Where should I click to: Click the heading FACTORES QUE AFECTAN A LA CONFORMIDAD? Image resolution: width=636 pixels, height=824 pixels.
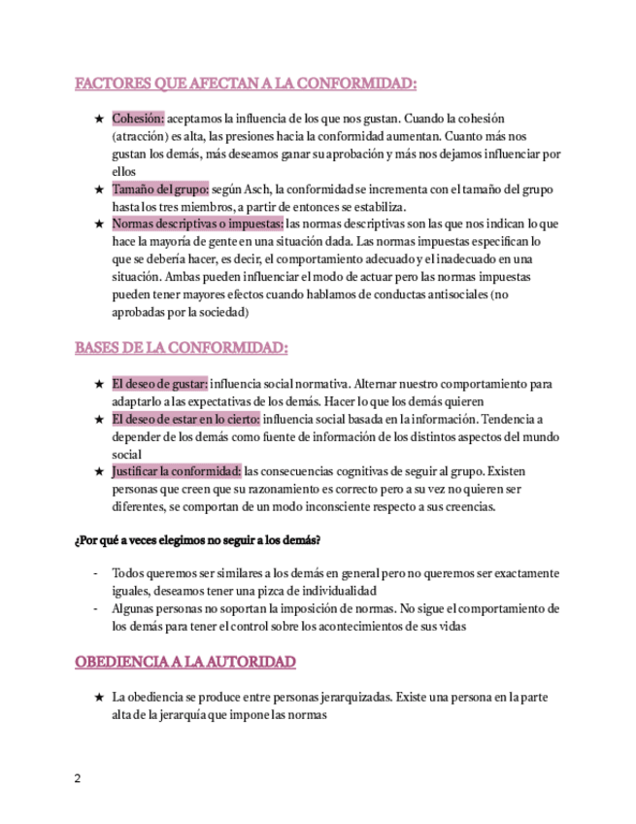pos(246,84)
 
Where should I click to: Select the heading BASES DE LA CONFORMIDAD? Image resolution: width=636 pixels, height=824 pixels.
pos(182,347)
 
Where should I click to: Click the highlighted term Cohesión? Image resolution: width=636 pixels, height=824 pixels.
pos(138,119)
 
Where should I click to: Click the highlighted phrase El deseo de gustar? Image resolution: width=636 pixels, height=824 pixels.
pos(159,384)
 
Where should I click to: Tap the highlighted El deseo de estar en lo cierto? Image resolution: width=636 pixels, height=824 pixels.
pos(185,419)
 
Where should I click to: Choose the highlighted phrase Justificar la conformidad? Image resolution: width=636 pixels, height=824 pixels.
pos(176,471)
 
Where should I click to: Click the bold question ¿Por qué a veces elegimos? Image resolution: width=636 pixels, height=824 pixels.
pos(197,538)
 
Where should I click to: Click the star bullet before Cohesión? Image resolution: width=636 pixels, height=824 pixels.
pos(98,119)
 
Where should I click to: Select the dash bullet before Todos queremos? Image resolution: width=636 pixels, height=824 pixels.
pos(95,573)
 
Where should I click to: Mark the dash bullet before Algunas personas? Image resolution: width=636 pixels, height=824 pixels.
pos(95,608)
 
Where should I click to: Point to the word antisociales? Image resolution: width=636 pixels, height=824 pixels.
pos(453,293)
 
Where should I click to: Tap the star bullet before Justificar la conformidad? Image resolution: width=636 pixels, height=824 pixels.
pos(98,471)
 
